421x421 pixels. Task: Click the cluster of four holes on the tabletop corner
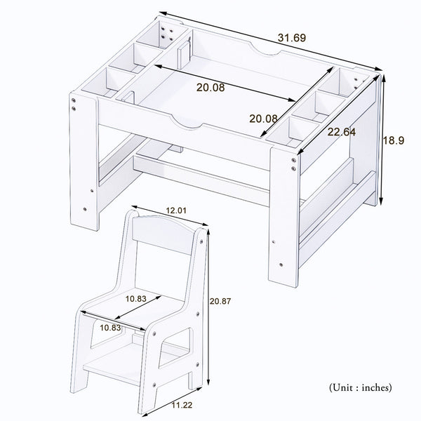(168, 35)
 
